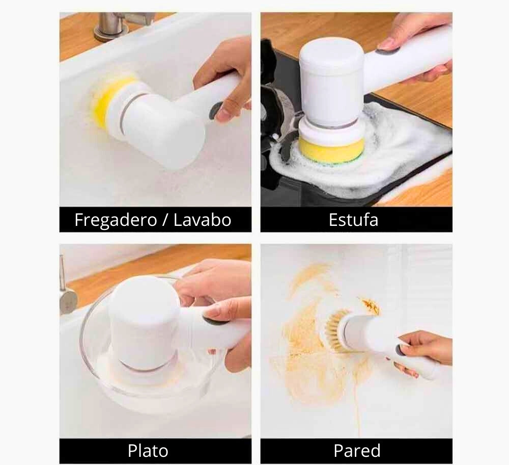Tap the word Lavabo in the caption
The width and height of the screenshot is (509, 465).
(202, 220)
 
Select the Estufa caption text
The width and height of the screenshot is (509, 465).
(353, 220)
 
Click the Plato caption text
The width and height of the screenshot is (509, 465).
(148, 451)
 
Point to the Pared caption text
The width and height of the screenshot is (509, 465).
(356, 451)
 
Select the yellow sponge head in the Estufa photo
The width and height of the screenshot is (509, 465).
(331, 149)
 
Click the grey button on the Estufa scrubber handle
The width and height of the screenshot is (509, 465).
(388, 50)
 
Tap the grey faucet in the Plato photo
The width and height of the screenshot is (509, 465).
(67, 296)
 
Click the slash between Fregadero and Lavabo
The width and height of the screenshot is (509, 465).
(164, 220)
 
